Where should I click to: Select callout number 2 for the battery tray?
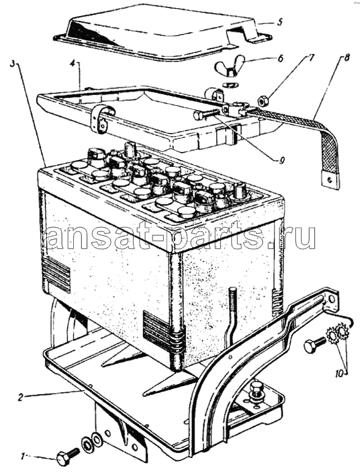[x=20, y=398]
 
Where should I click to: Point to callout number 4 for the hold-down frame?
[x=72, y=65]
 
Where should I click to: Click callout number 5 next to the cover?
[x=280, y=22]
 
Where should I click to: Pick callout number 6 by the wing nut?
[x=280, y=58]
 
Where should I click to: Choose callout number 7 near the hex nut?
[x=311, y=57]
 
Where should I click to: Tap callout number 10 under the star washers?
[x=339, y=374]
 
